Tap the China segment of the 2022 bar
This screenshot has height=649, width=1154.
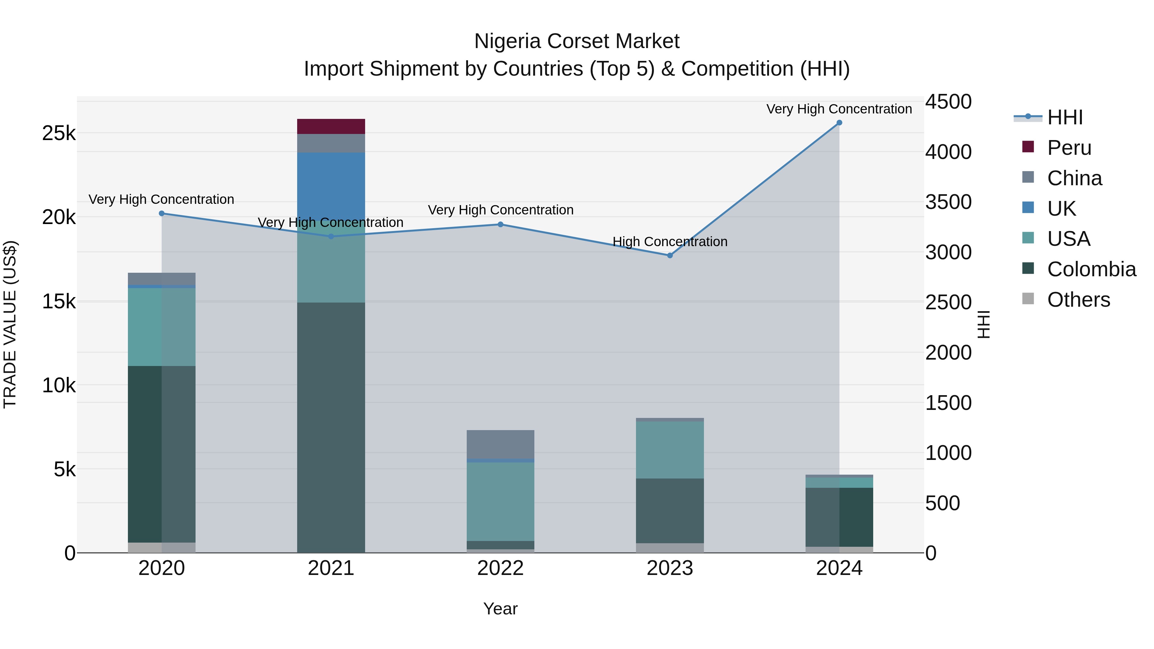(x=500, y=444)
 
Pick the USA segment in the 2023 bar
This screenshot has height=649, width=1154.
(x=670, y=449)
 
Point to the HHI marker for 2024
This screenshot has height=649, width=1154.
(x=839, y=123)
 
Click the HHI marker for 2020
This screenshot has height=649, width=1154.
(x=162, y=214)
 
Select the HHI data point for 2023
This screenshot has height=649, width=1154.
(x=670, y=256)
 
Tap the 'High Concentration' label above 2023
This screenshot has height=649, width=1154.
(x=670, y=242)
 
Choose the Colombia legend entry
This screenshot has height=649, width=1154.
(x=1091, y=269)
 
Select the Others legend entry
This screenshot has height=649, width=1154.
(x=1078, y=300)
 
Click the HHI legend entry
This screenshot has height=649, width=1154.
(x=1065, y=117)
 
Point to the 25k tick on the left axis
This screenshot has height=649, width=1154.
(x=59, y=133)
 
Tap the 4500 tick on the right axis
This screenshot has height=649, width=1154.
(x=948, y=102)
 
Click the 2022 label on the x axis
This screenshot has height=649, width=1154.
(x=500, y=568)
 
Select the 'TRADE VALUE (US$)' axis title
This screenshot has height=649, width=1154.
(x=10, y=324)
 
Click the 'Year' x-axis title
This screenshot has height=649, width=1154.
(x=500, y=609)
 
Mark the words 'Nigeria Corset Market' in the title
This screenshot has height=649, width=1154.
(x=577, y=41)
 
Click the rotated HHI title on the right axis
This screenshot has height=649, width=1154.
(x=983, y=324)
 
